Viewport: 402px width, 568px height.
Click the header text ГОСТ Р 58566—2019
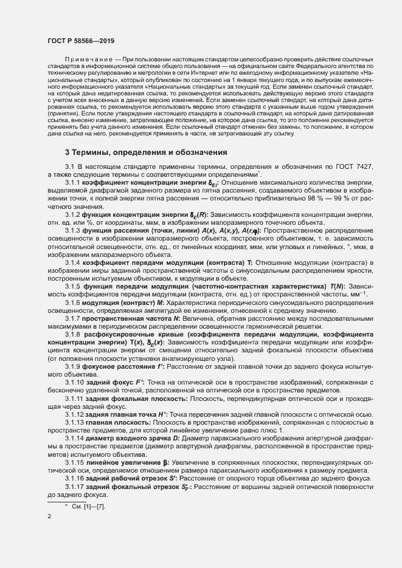pyautogui.click(x=80, y=40)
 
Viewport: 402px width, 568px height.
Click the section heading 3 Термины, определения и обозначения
pyautogui.click(x=146, y=152)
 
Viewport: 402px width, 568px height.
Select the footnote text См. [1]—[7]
pyautogui.click(x=88, y=506)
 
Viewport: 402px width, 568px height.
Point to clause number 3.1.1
pyautogui.click(x=72, y=182)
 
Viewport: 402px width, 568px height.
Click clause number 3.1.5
pyautogui.click(x=72, y=286)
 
